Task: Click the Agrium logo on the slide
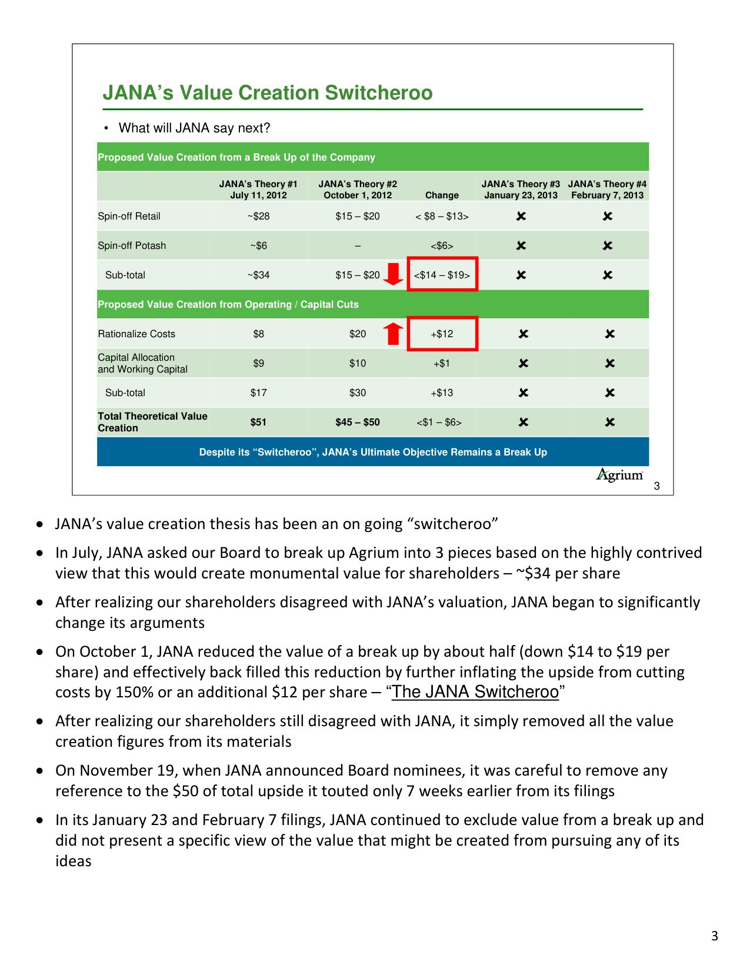coord(619,475)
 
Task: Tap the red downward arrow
coord(393,274)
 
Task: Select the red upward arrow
coord(393,334)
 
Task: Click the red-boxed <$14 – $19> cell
coord(442,275)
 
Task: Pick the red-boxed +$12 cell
coord(442,334)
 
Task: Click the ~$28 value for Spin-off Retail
coord(258,216)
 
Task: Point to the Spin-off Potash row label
coord(132,245)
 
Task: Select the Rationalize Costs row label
coord(136,334)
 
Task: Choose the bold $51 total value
coord(258,422)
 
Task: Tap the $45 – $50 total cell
coord(358,422)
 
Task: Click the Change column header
coord(442,195)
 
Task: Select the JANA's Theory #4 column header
coord(607,189)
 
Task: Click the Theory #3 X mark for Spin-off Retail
coord(521,216)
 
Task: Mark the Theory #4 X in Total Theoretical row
coord(610,422)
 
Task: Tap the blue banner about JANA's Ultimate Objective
coord(373,452)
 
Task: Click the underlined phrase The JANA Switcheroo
coord(475,692)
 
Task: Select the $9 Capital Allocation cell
coord(258,363)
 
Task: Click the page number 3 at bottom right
coord(715,936)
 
